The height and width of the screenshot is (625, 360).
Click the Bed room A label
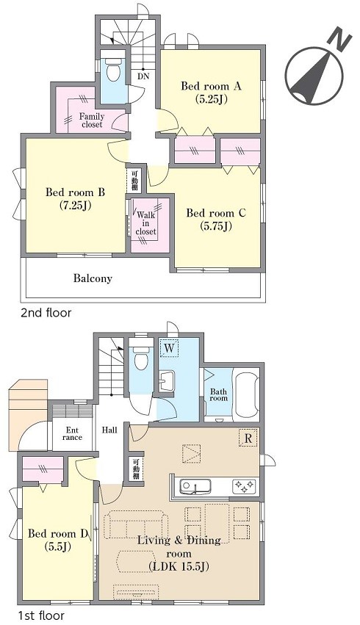[211, 93]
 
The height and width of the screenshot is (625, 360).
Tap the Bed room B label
[76, 199]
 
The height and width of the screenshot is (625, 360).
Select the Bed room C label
[216, 220]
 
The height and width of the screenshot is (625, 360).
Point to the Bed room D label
[57, 539]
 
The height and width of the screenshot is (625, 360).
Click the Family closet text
[92, 120]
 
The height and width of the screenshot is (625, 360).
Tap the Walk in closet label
[146, 223]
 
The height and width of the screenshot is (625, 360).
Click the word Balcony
[93, 278]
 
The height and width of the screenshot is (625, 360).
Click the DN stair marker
[143, 76]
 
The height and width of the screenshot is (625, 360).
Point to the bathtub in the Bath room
[247, 395]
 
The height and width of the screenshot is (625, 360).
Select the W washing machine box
[169, 347]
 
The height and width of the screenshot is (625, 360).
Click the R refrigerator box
[248, 438]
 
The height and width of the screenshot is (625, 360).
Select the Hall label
[109, 430]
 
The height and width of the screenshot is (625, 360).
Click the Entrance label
[72, 433]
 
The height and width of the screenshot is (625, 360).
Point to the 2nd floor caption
[46, 313]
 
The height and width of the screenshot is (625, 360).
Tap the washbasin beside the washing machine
[167, 381]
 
